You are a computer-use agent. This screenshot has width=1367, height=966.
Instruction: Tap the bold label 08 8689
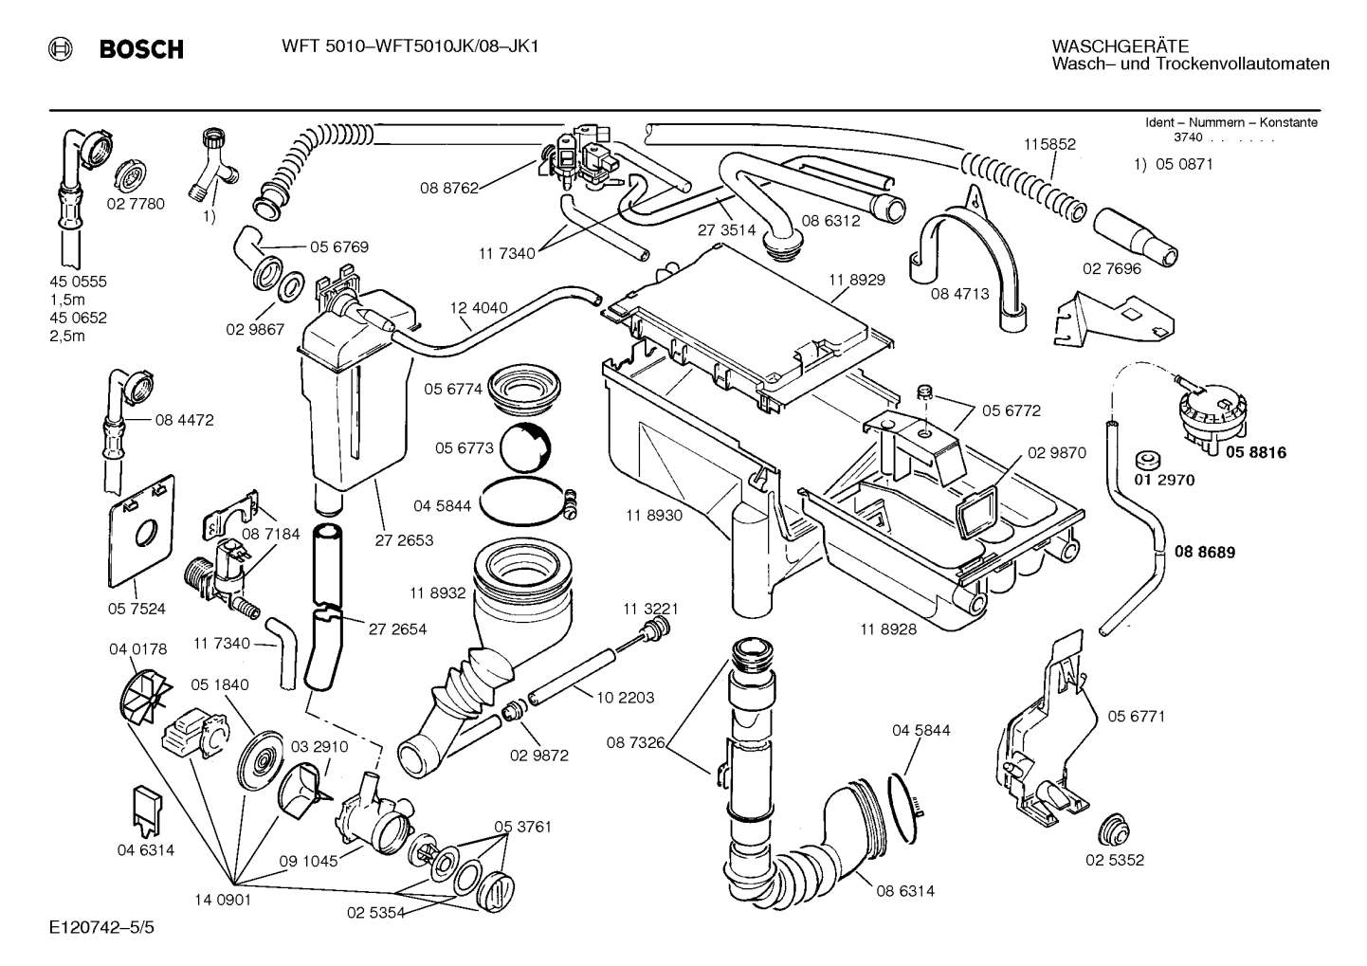(1205, 552)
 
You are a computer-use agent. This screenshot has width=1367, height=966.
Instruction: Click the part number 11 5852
(1049, 144)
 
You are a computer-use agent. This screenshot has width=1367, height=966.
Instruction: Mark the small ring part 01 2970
(1147, 460)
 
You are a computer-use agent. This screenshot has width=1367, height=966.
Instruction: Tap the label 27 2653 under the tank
(404, 540)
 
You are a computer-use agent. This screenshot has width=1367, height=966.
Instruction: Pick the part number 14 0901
(224, 901)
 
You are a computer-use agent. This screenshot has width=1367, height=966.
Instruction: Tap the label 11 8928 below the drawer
(888, 629)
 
